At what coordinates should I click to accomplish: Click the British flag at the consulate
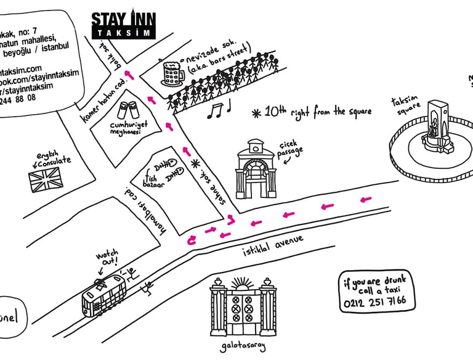[46, 182]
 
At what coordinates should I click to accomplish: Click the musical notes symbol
[218, 110]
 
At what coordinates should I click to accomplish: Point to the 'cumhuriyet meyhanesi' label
[126, 128]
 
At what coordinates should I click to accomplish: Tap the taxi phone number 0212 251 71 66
[375, 301]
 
